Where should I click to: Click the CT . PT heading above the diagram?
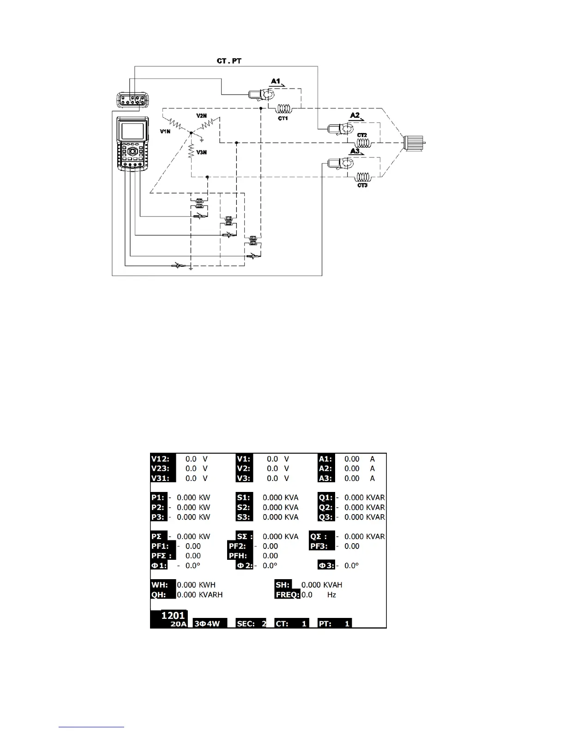point(229,61)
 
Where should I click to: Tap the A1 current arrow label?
point(276,81)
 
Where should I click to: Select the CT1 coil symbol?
point(284,109)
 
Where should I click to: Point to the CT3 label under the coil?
point(362,185)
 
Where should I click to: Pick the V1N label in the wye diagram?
point(165,132)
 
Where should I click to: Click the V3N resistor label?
point(201,152)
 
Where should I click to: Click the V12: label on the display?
point(161,459)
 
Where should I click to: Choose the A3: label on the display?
point(325,479)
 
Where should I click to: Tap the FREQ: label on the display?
point(287,595)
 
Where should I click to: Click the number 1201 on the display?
point(173,615)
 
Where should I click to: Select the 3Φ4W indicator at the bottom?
point(207,623)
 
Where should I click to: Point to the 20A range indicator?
point(178,624)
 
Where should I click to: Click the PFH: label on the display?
point(238,556)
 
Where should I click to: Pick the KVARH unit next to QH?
point(210,595)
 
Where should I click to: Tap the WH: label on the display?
point(160,585)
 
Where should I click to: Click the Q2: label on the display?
point(326,508)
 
